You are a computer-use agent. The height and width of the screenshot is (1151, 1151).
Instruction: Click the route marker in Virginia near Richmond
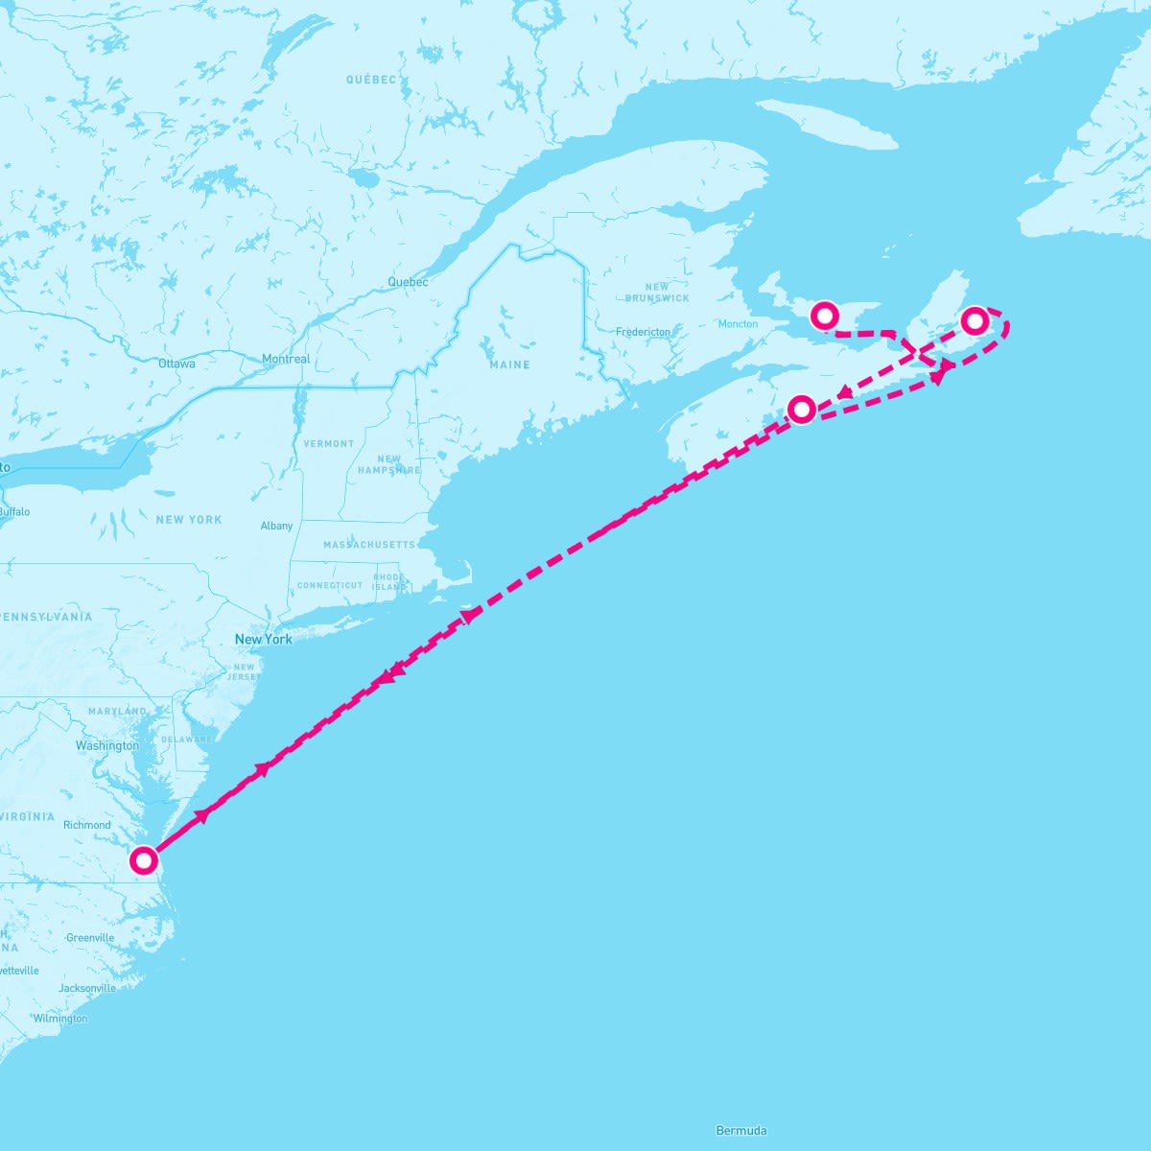[144, 860]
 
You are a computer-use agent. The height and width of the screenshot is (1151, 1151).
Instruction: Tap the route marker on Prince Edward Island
[825, 315]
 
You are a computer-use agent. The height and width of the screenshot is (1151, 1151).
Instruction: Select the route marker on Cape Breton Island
[975, 320]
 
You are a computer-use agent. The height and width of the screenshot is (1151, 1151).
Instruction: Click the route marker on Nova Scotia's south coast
[802, 410]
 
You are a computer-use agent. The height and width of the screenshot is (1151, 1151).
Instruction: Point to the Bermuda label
[741, 1131]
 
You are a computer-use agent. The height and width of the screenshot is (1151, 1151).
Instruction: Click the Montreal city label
[286, 360]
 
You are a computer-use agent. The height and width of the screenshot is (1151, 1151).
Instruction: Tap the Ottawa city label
[176, 364]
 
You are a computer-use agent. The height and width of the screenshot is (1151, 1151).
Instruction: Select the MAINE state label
[509, 365]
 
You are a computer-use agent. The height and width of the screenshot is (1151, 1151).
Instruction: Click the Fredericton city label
[644, 332]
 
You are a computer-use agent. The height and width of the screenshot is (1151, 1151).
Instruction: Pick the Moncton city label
[738, 324]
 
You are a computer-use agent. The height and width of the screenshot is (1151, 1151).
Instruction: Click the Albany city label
[276, 527]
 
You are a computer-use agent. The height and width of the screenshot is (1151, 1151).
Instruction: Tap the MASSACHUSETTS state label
[369, 545]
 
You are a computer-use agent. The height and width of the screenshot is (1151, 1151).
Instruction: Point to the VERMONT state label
[329, 444]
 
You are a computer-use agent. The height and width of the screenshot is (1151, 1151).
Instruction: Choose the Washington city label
[107, 746]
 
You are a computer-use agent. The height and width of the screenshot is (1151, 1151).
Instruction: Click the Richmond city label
[87, 825]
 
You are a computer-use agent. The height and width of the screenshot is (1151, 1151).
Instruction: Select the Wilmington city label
[59, 1019]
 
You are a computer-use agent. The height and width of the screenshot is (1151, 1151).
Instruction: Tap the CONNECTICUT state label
[330, 585]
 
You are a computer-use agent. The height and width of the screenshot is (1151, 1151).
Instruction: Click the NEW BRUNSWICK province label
[657, 293]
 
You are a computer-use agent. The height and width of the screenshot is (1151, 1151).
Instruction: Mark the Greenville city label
[90, 938]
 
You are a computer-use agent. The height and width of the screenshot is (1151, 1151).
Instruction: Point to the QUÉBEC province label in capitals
[371, 80]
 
